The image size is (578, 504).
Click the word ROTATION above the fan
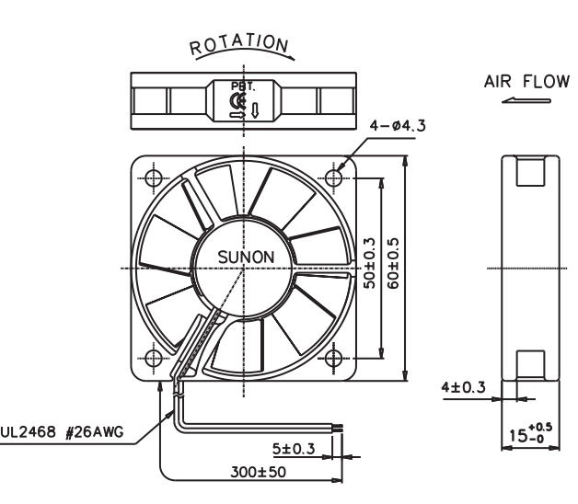[x=239, y=44]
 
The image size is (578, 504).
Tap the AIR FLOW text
[x=526, y=82]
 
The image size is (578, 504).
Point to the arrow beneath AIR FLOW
[x=526, y=100]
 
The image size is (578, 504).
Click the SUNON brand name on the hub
[x=246, y=257]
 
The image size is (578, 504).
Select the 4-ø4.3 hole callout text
[x=398, y=126]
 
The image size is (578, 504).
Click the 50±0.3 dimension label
[x=369, y=263]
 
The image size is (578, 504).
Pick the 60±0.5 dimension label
[x=393, y=263]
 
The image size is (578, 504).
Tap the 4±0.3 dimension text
[x=463, y=387]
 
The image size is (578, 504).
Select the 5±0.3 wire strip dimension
[x=294, y=449]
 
